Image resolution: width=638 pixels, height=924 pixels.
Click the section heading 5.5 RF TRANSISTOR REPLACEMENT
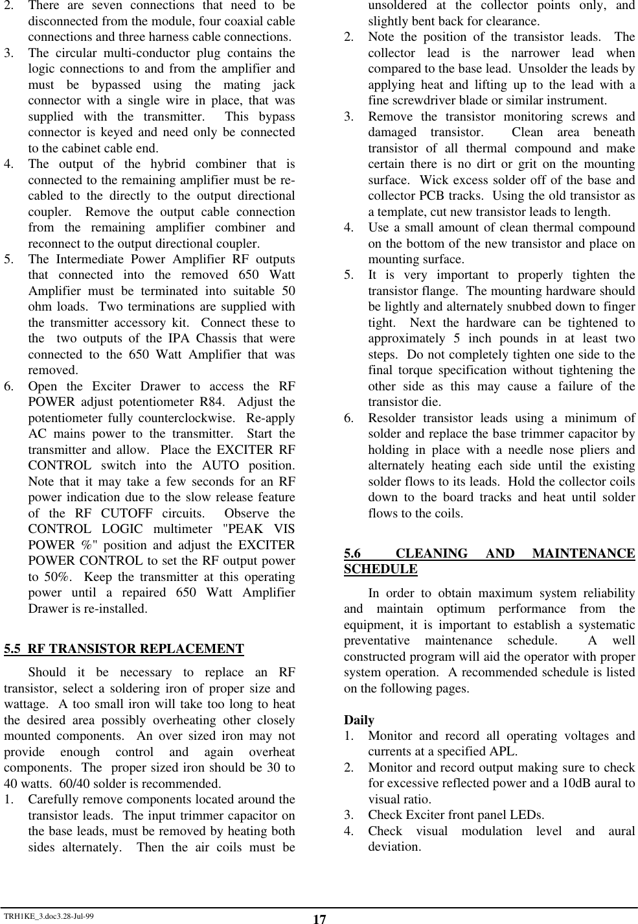(x=124, y=649)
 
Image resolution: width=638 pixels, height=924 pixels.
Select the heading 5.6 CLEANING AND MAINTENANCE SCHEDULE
(x=489, y=561)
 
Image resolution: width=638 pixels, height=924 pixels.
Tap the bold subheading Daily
(x=359, y=720)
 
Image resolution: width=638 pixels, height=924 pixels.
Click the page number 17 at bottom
(x=319, y=919)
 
